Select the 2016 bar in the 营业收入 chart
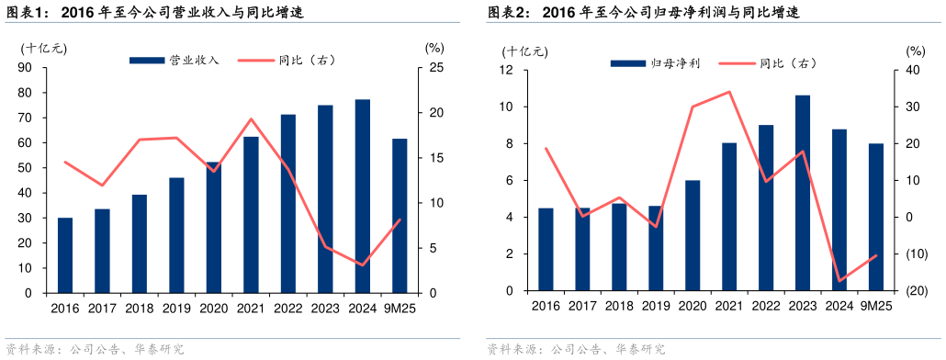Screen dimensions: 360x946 tap(65, 255)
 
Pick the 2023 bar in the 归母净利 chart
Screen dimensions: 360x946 tap(803, 193)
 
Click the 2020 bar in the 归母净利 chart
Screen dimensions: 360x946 tap(692, 235)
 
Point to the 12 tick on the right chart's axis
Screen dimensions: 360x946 tap(505, 70)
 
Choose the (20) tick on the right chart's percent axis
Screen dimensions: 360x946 tap(915, 291)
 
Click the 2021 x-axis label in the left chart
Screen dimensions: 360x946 tap(251, 309)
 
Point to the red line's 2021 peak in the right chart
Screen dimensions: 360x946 tap(729, 92)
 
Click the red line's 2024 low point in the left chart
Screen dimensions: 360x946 tap(363, 264)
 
